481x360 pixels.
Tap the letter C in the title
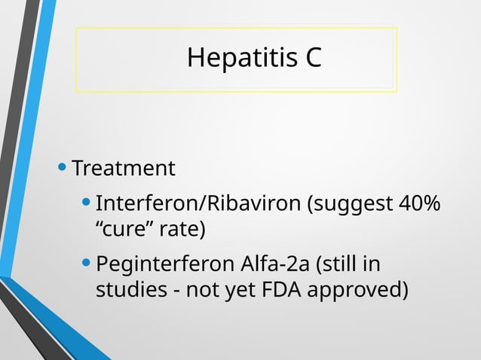[314, 58]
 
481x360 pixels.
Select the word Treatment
[124, 167]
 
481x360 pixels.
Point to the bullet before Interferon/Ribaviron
[87, 203]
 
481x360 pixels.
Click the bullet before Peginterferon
[87, 264]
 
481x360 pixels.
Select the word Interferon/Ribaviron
[198, 204]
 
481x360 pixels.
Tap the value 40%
[421, 204]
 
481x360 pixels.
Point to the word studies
[127, 290]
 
